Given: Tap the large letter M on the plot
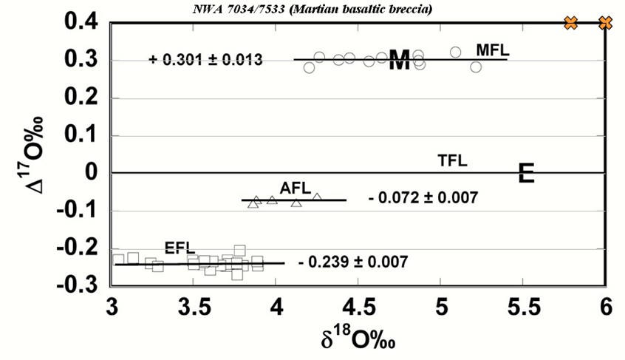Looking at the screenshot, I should (x=399, y=61).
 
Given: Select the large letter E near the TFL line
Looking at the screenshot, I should (x=526, y=173).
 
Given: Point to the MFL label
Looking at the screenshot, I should (x=493, y=50).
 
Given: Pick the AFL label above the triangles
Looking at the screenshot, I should (x=296, y=188).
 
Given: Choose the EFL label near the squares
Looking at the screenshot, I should (x=179, y=248).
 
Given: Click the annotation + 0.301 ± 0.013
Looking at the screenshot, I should (x=205, y=60).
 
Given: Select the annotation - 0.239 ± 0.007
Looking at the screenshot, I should (x=353, y=262).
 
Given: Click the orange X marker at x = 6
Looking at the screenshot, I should (x=605, y=23).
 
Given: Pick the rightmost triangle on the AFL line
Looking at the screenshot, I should (x=317, y=197).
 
